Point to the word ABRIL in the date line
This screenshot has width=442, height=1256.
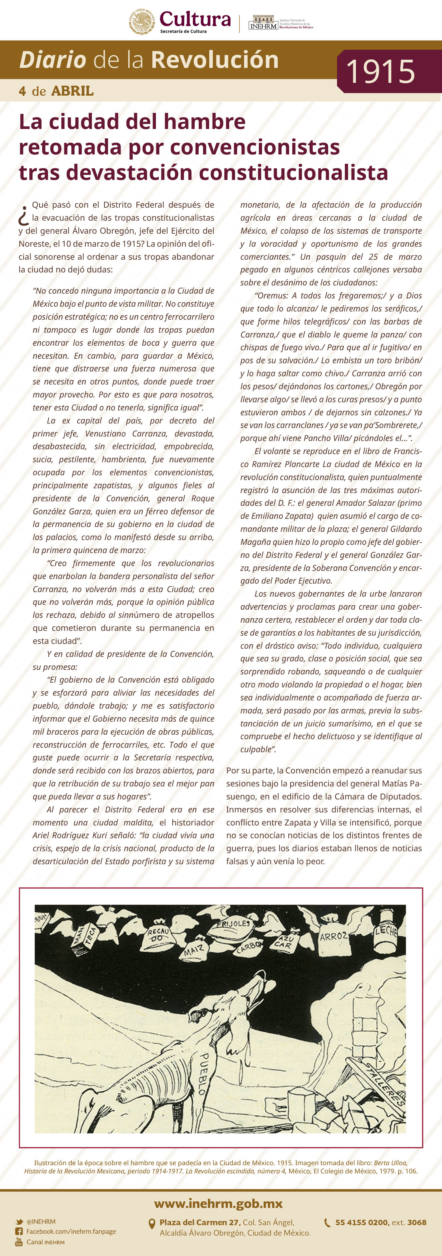pos(72,91)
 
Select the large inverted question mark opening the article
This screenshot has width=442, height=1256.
pos(23,215)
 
